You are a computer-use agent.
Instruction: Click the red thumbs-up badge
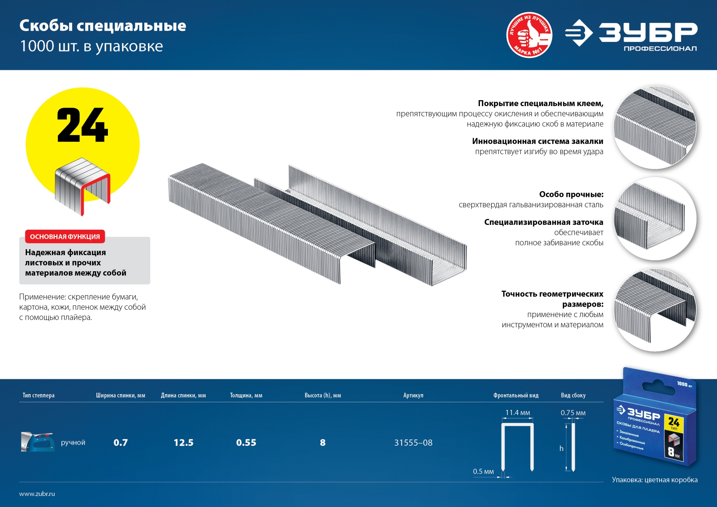tap(529, 35)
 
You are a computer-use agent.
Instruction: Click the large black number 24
tap(83, 125)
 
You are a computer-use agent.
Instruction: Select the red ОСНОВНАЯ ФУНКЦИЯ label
tap(65, 237)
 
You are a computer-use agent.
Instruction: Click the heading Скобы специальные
tap(103, 26)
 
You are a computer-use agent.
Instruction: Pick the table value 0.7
tap(121, 443)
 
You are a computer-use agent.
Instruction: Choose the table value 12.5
tap(183, 443)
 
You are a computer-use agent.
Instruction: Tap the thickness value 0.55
tap(246, 443)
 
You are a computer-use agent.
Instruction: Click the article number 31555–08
tap(413, 443)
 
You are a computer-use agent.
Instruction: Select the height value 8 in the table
tap(323, 443)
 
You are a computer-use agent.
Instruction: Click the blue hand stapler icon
tap(38, 442)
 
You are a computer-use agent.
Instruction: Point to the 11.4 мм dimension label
tap(518, 413)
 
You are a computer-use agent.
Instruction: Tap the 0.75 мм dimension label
tap(573, 413)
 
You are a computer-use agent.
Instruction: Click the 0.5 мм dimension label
tap(483, 472)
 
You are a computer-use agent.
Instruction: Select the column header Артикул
tap(413, 395)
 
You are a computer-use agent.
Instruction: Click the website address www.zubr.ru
tap(37, 494)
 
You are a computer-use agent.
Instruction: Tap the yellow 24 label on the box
tap(674, 423)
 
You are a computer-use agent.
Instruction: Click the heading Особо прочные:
tap(571, 194)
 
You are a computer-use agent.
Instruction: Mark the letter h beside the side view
tap(561, 448)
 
